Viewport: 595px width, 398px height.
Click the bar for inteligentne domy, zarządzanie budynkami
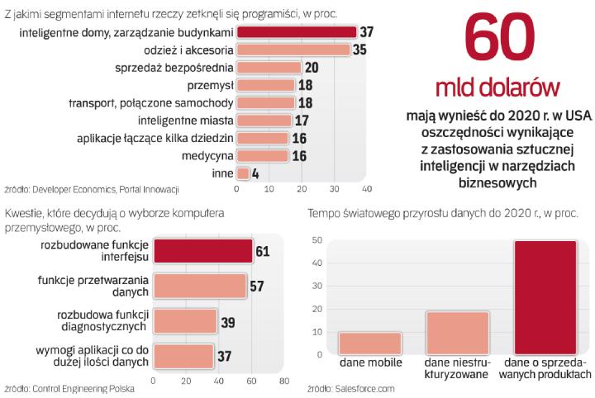(297, 32)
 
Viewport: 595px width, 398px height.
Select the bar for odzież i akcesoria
(293, 50)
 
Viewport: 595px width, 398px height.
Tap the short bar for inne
(243, 173)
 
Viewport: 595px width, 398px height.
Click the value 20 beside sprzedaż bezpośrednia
(312, 68)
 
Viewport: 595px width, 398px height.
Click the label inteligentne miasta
(188, 120)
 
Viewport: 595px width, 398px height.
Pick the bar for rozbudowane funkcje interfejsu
(202, 250)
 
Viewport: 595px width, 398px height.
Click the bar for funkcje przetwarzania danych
(199, 285)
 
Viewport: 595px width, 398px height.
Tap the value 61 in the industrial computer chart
(263, 250)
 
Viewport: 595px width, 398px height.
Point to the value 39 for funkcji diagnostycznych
(227, 320)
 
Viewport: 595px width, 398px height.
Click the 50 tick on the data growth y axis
(317, 240)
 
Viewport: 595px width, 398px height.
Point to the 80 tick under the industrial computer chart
(283, 381)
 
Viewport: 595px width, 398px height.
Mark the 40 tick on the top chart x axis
(366, 189)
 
